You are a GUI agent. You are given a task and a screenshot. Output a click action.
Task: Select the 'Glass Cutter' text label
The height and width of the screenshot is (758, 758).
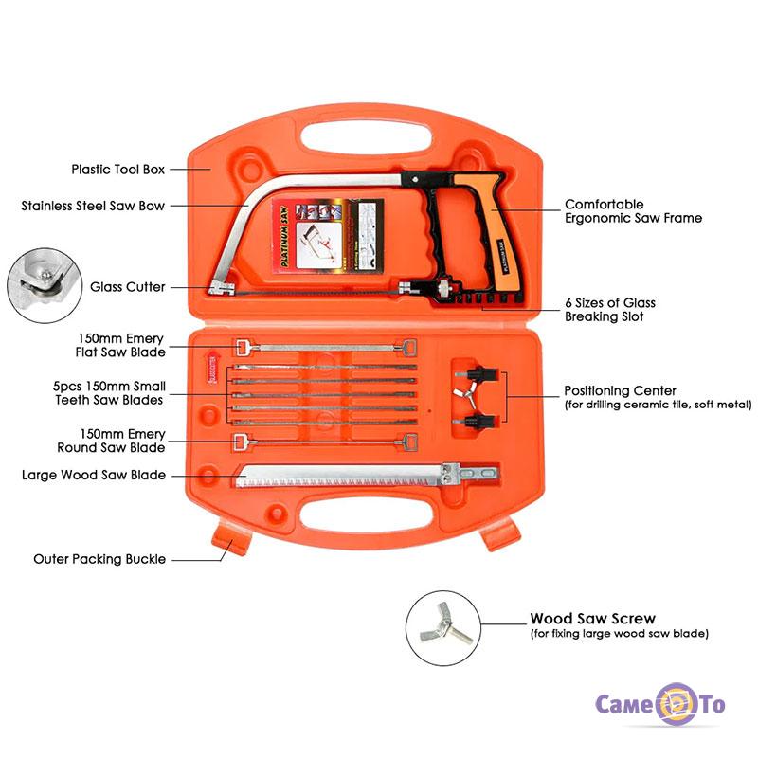coord(128,286)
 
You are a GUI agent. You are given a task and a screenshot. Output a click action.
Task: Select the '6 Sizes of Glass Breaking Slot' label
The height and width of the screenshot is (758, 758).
coord(609,310)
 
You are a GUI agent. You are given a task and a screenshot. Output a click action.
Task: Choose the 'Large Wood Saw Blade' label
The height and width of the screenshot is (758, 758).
coord(93,475)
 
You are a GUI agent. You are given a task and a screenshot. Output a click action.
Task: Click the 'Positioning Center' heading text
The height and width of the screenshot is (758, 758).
coord(620,390)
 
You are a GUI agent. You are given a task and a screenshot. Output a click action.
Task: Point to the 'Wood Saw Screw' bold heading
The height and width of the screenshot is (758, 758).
coord(592,619)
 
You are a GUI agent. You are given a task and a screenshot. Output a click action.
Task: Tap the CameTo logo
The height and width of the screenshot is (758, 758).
coord(659,704)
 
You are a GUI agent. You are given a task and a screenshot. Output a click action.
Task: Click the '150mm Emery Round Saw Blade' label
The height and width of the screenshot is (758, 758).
coord(122,441)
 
